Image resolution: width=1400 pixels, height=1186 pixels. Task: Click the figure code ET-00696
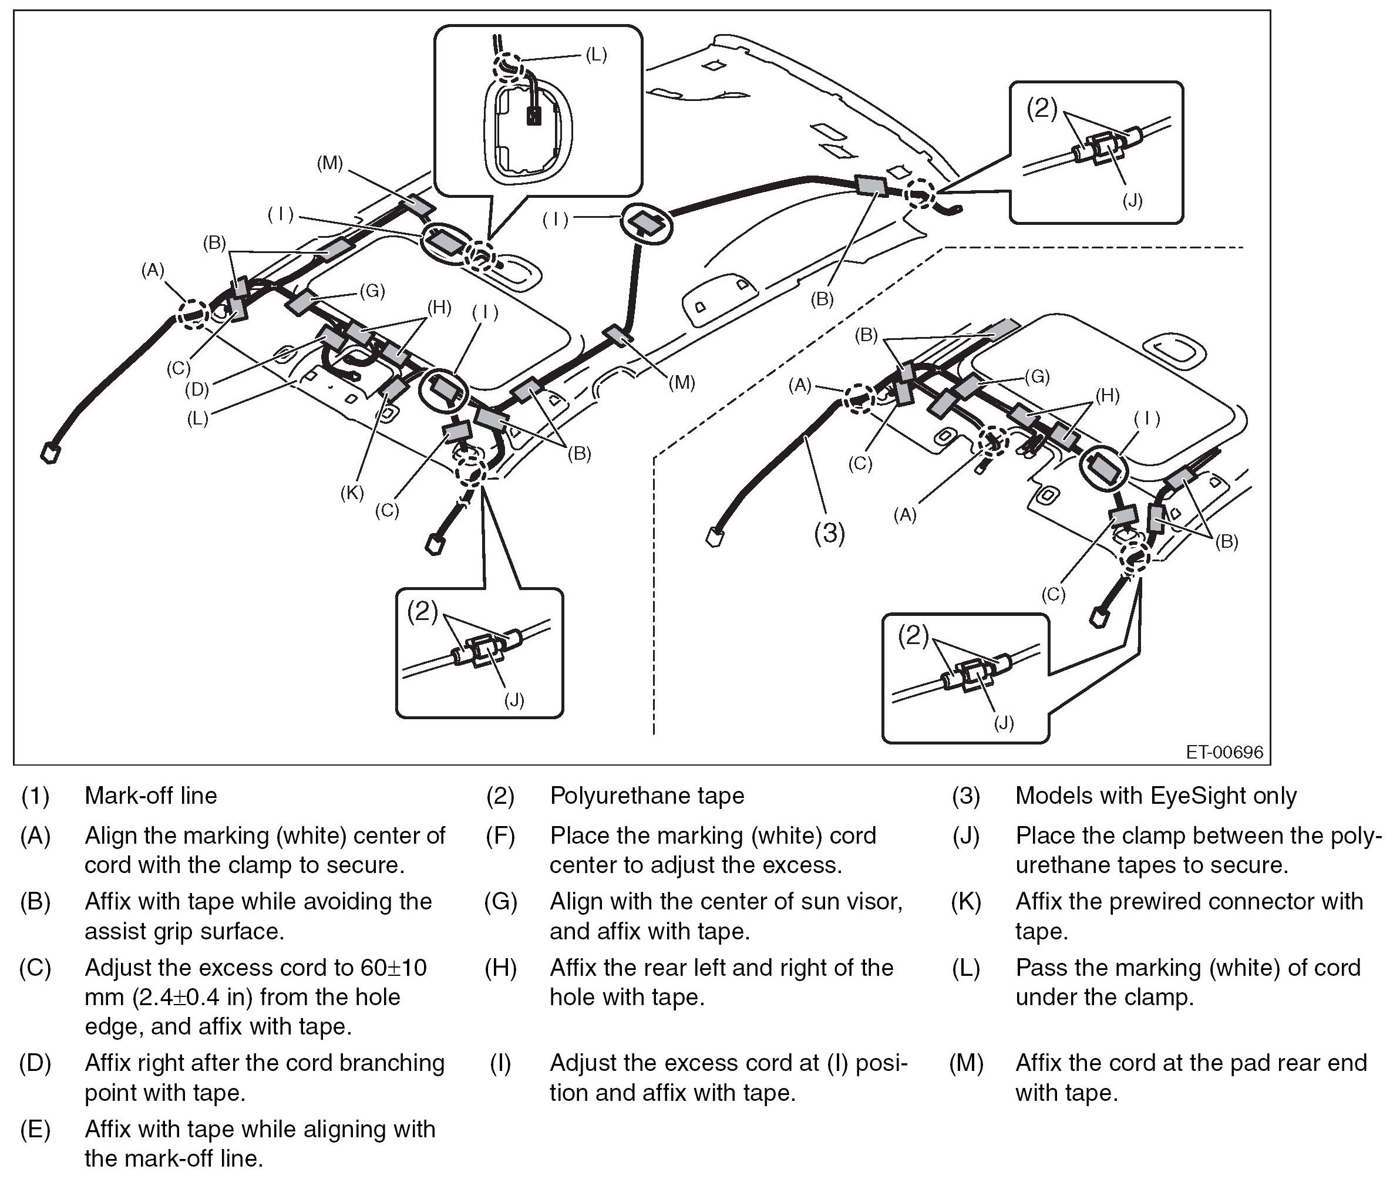[1224, 752]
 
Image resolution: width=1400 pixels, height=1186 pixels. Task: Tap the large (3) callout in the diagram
[829, 533]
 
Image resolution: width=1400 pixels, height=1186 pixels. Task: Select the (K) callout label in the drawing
[352, 493]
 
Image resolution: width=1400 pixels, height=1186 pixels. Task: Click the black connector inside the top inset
[534, 117]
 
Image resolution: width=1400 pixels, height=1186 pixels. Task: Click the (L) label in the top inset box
[596, 55]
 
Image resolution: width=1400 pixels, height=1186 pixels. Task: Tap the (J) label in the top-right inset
[1132, 200]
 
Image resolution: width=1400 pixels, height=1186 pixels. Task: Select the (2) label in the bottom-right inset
[913, 635]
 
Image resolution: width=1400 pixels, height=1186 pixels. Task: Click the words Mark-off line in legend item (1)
[150, 796]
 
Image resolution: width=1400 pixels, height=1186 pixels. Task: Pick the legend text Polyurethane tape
[647, 796]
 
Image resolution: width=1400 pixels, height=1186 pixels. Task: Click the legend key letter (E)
[35, 1129]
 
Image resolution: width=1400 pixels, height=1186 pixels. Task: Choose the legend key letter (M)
[966, 1062]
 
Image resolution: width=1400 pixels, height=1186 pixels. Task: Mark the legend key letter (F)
[500, 835]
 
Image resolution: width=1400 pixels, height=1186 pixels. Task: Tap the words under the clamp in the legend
[1104, 997]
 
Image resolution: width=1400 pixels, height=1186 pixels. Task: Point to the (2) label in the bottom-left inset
[422, 611]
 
